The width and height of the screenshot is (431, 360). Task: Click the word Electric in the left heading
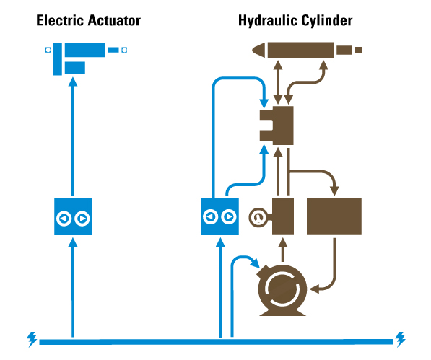tap(60, 21)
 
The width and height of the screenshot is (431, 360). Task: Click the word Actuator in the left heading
tap(114, 21)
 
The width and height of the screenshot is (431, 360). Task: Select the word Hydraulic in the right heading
tap(268, 21)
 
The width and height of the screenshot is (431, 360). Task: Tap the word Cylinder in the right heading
tap(327, 21)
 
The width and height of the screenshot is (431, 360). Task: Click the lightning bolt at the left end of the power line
tap(32, 340)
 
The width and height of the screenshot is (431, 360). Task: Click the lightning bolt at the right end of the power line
tap(400, 340)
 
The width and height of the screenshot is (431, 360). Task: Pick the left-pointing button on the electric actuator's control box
tap(64, 219)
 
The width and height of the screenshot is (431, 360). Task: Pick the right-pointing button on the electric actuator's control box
tap(82, 219)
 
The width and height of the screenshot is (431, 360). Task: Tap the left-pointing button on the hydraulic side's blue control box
tap(211, 216)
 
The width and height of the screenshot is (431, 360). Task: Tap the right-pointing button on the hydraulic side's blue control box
tap(229, 216)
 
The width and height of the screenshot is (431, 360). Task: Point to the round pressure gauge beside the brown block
tap(258, 217)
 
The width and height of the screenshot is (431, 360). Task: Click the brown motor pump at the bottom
tap(282, 290)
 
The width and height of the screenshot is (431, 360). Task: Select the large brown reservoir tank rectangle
tap(334, 216)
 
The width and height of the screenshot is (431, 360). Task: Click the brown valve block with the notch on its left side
tap(277, 126)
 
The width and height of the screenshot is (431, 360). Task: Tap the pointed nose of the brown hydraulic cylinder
tap(258, 51)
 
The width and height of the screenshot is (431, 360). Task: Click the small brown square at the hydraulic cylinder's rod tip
tap(359, 50)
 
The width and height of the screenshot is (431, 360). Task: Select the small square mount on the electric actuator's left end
tap(48, 50)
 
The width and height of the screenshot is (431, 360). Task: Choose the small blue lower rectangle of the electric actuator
tap(75, 68)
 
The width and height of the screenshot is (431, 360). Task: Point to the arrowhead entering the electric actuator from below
tap(73, 82)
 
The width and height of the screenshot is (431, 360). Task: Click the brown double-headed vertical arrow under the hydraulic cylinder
tap(278, 82)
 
